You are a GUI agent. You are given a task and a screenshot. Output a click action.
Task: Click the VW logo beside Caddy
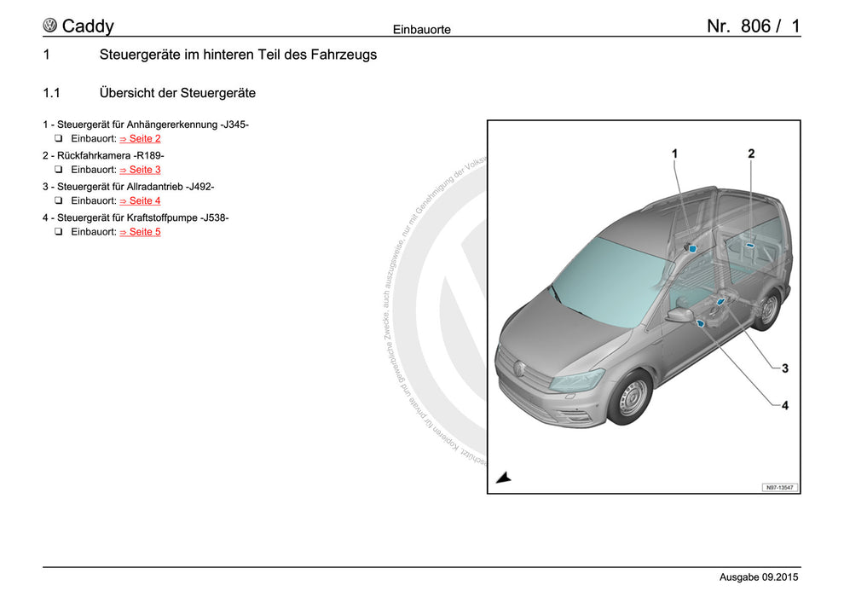coord(50,26)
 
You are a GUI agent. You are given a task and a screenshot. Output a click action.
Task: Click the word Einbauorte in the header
coord(421,30)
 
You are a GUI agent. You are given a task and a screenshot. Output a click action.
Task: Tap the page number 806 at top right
coord(755,26)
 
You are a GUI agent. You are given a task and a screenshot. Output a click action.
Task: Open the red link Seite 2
coord(140,138)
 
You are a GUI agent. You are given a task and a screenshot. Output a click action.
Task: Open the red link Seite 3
coord(140,170)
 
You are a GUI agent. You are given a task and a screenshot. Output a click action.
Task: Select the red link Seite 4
coord(140,200)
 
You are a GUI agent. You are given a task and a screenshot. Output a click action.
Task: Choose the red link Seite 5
coord(140,232)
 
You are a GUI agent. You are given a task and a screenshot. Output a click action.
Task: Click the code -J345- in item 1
coord(234,125)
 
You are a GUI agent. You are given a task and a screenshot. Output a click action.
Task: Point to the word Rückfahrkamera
coord(94,155)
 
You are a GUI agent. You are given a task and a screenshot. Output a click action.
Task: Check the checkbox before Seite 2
coord(59,138)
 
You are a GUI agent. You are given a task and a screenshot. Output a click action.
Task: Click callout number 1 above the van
coord(674,154)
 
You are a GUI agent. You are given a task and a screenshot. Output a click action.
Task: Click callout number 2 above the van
coord(751,154)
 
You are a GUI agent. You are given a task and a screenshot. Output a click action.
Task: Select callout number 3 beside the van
coord(784,368)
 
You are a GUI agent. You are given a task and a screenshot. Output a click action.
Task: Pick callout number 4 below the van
coord(784,406)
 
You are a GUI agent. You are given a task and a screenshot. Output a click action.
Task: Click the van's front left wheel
coord(633,398)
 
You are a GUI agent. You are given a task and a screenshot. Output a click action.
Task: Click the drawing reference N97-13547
coord(779,487)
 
